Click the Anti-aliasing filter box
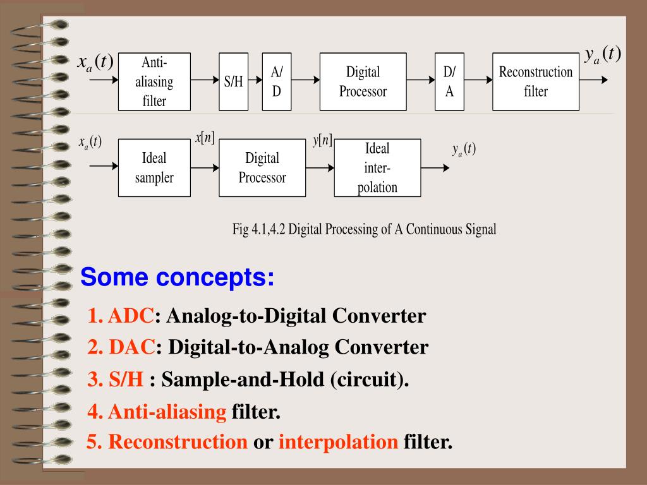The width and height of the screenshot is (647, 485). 154,81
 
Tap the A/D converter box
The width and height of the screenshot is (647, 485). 277,81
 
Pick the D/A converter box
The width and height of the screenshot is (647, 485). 449,81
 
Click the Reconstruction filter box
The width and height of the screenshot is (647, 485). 536,81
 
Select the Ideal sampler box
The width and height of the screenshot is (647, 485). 154,168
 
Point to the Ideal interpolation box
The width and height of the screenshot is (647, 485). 377,168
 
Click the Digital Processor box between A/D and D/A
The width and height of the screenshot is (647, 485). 363,81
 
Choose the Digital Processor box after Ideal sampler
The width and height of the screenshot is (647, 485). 262,168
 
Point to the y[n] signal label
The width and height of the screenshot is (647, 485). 322,140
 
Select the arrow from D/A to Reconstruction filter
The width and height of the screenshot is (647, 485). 479,80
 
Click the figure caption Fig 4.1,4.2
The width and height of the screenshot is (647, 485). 365,229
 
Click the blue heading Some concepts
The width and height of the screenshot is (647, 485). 178,277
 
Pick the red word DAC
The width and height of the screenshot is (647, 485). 132,347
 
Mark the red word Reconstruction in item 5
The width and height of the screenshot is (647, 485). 178,441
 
